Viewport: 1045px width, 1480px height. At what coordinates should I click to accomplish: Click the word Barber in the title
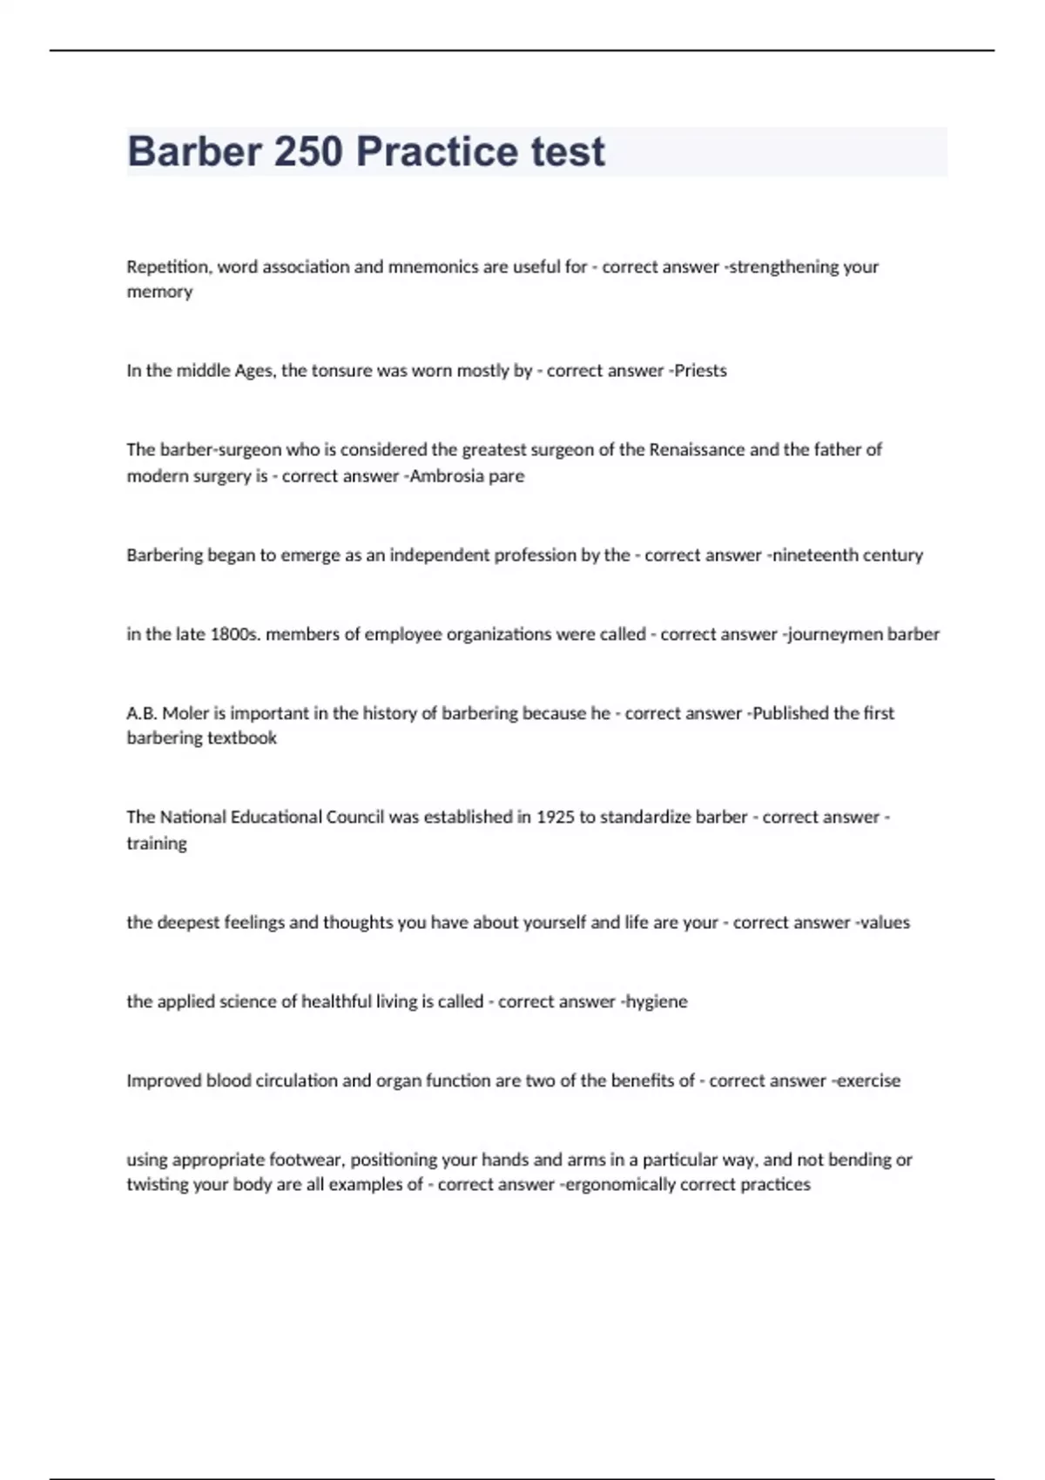pyautogui.click(x=193, y=151)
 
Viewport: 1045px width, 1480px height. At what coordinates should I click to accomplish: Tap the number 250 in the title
pyautogui.click(x=308, y=151)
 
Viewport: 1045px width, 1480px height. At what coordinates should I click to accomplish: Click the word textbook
pyautogui.click(x=242, y=738)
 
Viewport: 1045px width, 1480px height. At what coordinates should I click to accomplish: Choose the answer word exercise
pyautogui.click(x=868, y=1080)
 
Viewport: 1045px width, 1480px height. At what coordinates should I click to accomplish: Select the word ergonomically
pyautogui.click(x=620, y=1184)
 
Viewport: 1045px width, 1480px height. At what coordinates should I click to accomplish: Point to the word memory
pyautogui.click(x=159, y=292)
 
